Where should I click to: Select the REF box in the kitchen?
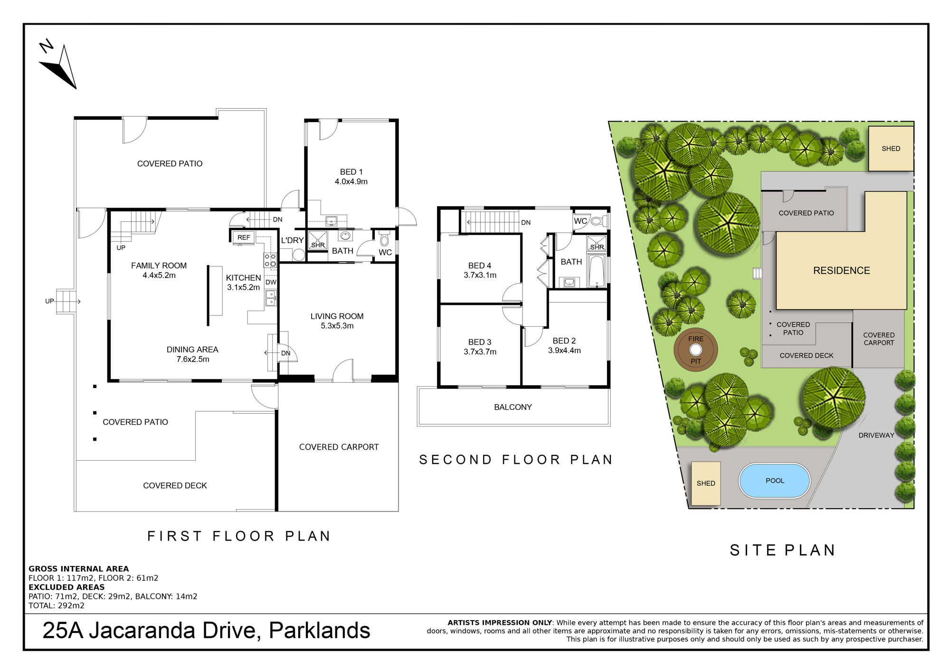[244, 237]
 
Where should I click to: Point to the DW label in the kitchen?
[271, 282]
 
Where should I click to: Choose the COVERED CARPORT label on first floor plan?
[339, 447]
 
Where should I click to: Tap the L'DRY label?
[292, 240]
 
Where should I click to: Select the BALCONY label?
[513, 407]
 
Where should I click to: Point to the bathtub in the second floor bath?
[596, 271]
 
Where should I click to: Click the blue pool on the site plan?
[774, 481]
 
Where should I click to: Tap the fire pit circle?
[695, 350]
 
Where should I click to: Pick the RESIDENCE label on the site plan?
[841, 271]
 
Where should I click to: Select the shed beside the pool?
[706, 483]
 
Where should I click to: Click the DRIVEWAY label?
[876, 435]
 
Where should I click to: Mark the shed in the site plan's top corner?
[891, 149]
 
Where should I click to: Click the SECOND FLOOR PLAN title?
[516, 460]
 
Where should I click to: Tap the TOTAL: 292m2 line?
[57, 605]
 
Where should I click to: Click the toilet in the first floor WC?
[385, 238]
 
